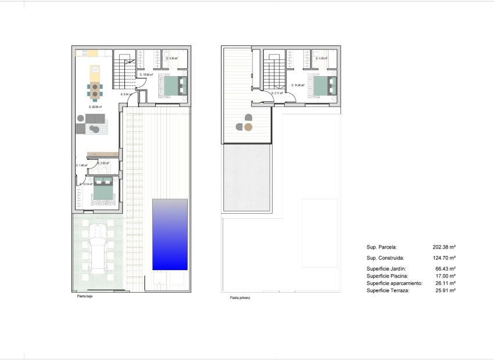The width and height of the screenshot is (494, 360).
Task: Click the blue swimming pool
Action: (170, 235)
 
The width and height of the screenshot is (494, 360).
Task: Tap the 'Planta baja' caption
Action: (85, 296)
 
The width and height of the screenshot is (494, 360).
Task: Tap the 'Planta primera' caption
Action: (240, 298)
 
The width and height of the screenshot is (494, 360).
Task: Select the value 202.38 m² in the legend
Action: (444, 247)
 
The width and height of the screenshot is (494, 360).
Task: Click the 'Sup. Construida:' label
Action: (385, 257)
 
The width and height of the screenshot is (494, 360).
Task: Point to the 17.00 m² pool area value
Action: (445, 276)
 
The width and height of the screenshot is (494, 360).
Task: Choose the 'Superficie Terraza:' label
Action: (388, 290)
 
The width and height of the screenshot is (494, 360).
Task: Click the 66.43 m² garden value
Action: (445, 269)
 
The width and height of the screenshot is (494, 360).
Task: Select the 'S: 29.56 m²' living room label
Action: (95, 107)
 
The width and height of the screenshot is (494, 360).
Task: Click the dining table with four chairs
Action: (94, 89)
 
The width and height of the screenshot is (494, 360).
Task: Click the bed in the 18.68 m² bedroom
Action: (174, 86)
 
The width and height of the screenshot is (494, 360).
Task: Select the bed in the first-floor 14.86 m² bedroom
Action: (324, 87)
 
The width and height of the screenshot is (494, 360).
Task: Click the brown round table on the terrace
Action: (249, 127)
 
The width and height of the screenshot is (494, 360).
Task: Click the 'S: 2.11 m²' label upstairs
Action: (278, 93)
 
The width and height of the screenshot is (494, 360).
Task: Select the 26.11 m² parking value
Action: (445, 283)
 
